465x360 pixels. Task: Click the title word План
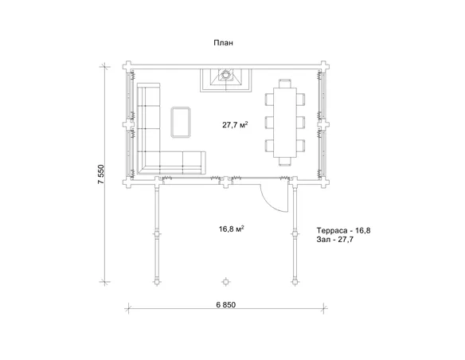click(x=223, y=43)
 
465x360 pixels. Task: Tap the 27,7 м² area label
click(x=235, y=124)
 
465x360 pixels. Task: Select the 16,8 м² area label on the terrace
click(x=232, y=229)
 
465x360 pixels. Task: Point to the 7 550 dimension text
click(x=101, y=174)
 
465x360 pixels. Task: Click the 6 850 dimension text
click(x=226, y=305)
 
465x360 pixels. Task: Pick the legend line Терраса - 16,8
click(x=343, y=230)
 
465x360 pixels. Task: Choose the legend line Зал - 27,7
click(x=334, y=239)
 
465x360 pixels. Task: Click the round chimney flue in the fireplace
click(x=226, y=74)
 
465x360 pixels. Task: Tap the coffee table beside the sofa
click(x=181, y=122)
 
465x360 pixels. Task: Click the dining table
click(x=285, y=122)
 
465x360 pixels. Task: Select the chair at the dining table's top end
click(x=285, y=84)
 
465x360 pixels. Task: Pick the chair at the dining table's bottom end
click(x=285, y=162)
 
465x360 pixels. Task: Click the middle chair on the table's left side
click(x=269, y=122)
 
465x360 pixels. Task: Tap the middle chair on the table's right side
click(x=301, y=122)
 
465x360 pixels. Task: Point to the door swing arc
click(x=269, y=202)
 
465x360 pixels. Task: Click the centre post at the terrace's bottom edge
click(x=226, y=282)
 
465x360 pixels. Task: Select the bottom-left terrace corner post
click(x=157, y=282)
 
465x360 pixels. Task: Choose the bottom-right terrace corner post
click(x=295, y=282)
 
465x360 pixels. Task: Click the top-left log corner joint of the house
click(x=128, y=65)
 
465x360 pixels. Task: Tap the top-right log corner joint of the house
click(x=324, y=65)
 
